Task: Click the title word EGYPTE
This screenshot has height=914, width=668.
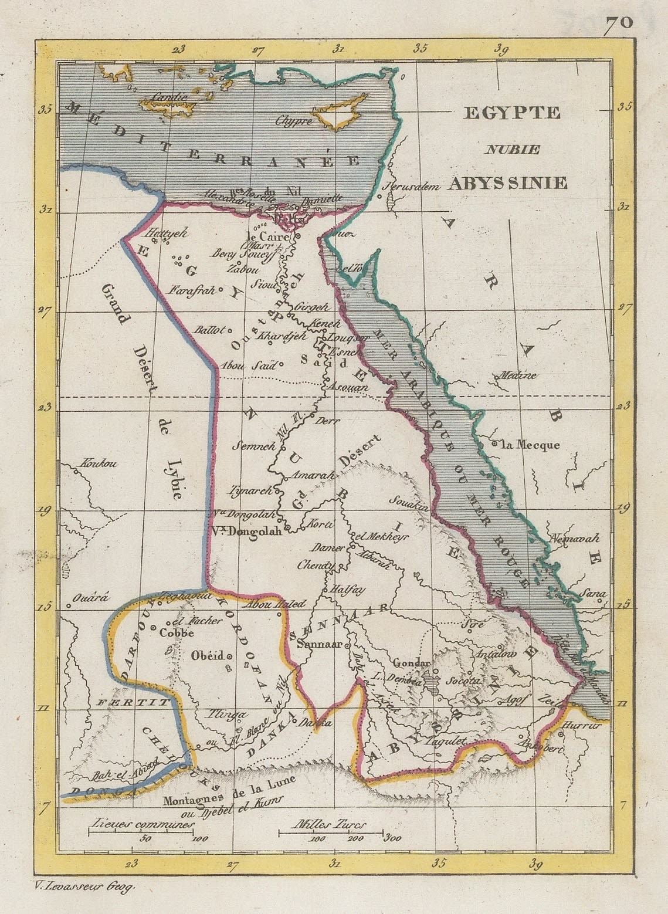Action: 511,113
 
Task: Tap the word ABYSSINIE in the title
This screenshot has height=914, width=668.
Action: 509,182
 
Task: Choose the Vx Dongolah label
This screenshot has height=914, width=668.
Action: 246,534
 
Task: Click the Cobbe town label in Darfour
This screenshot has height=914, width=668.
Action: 177,633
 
